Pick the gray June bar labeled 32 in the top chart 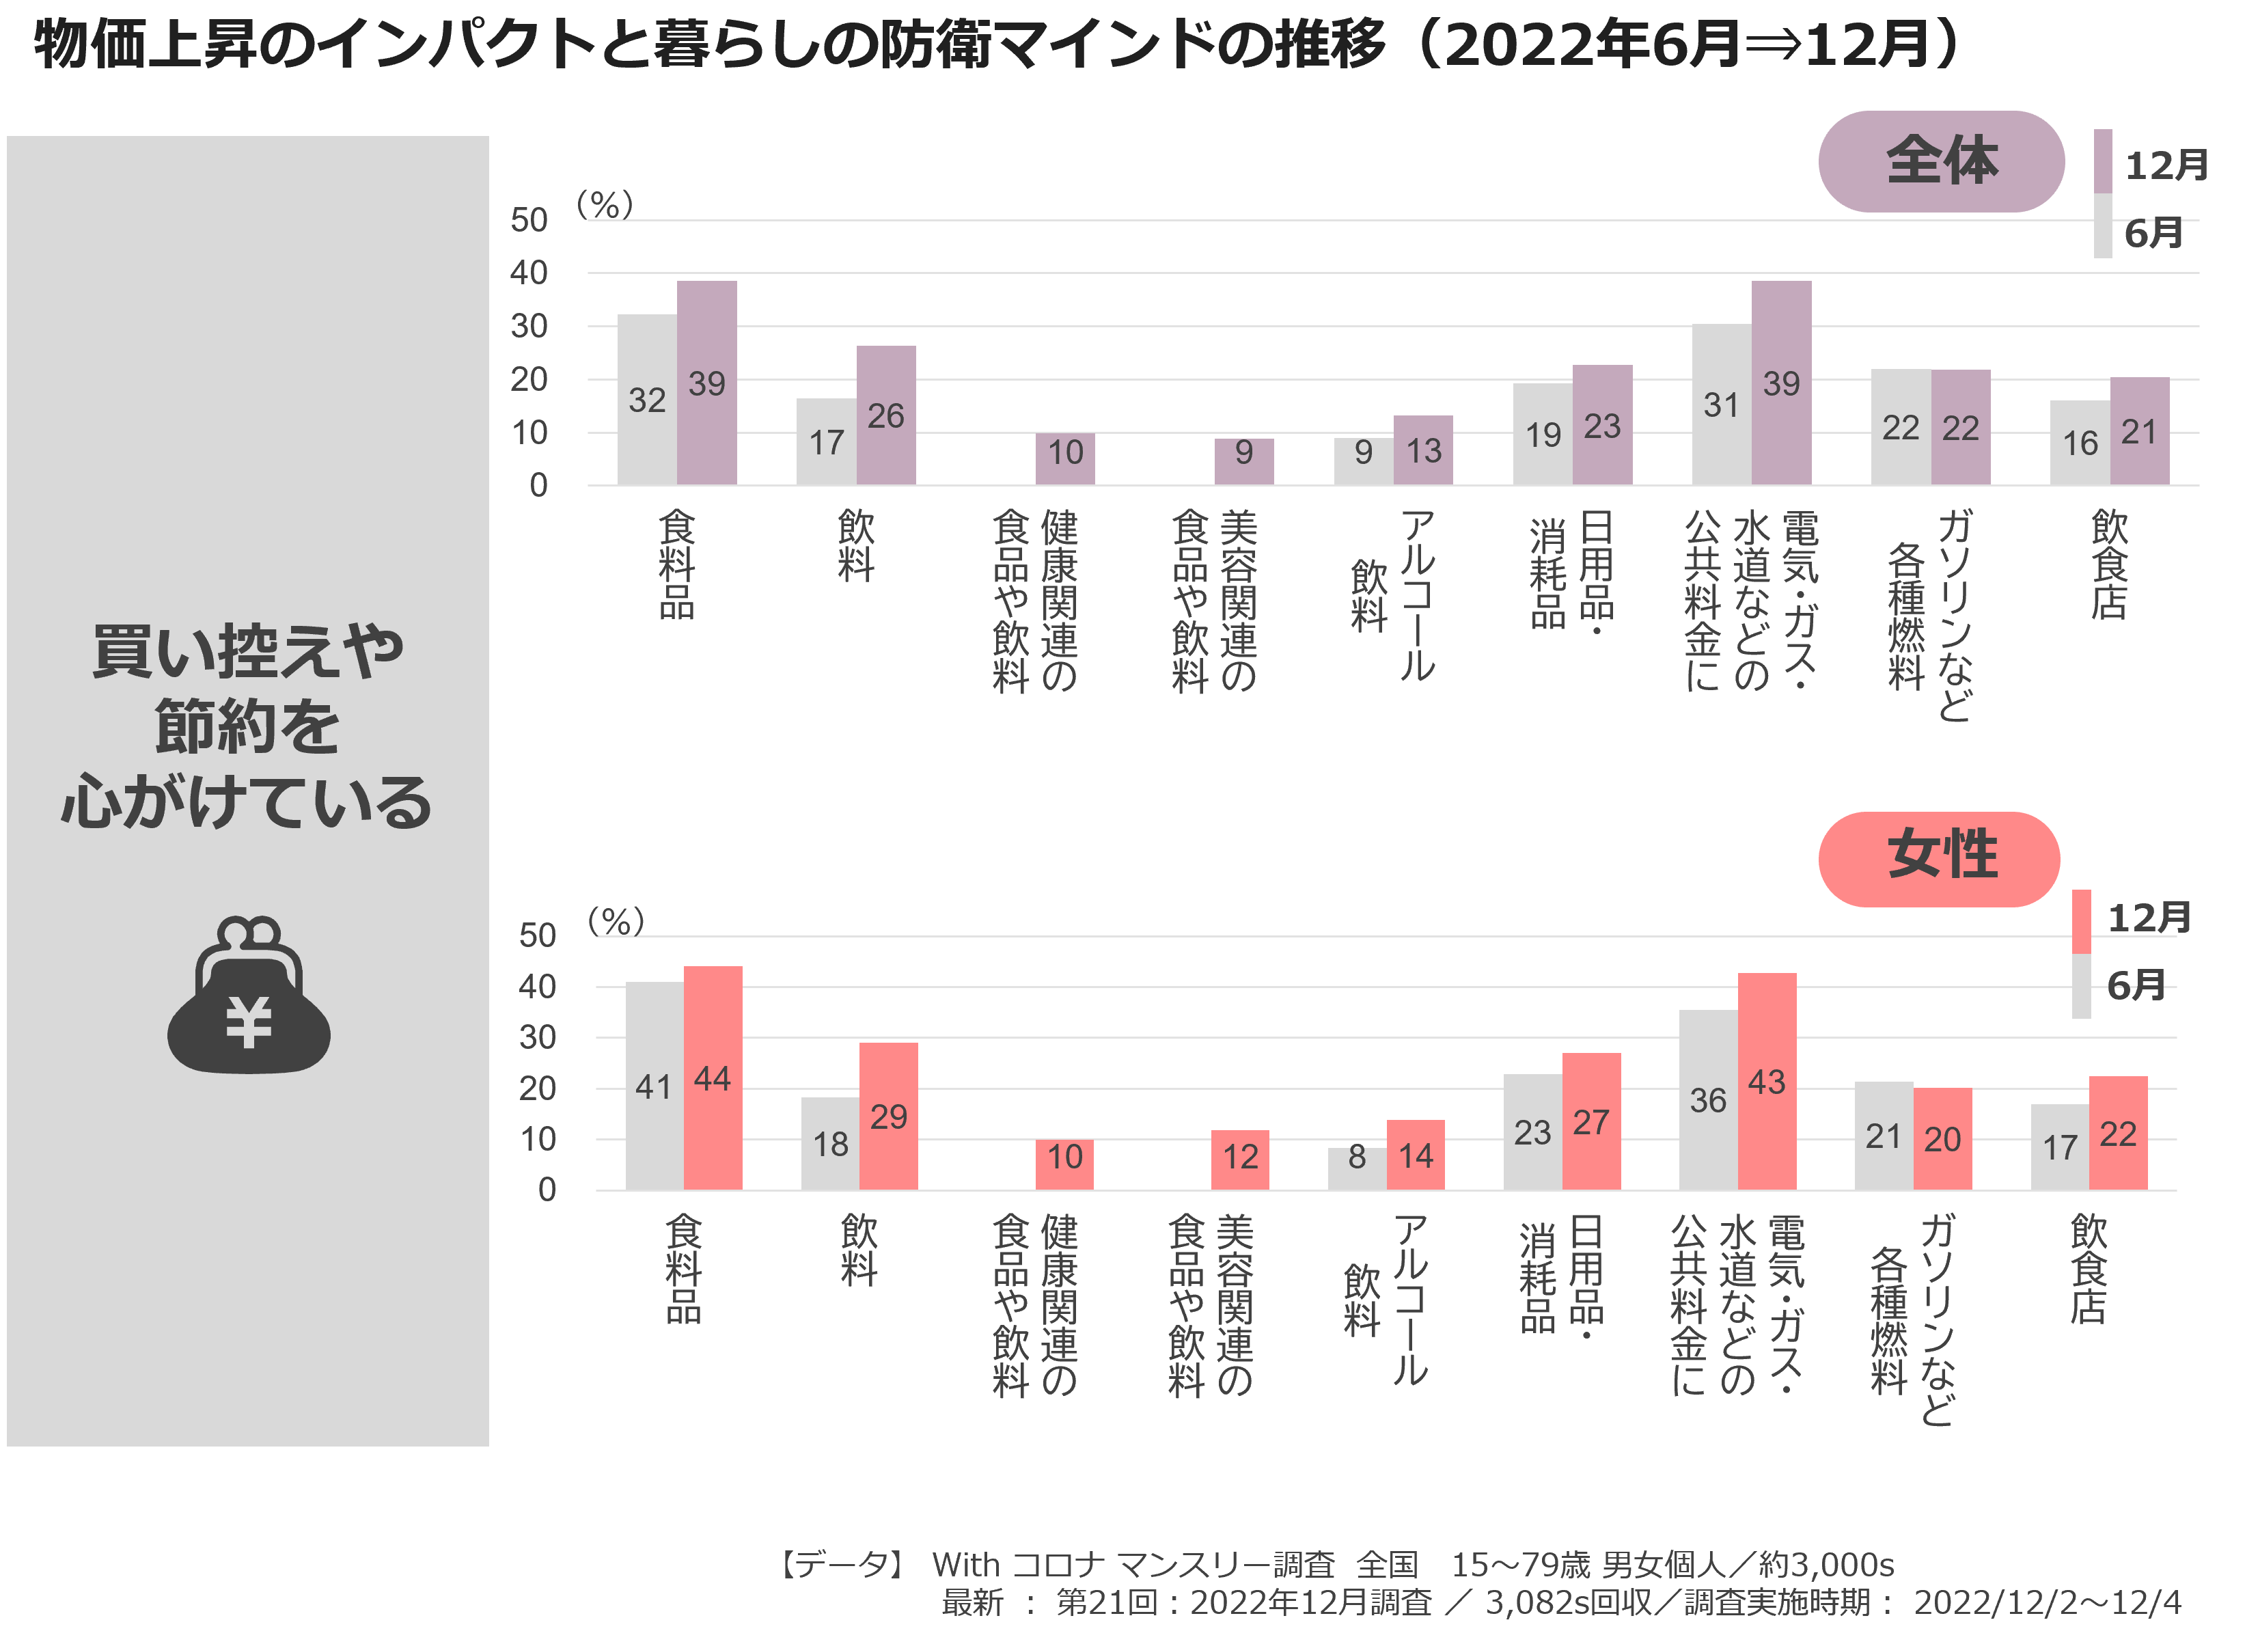(647, 400)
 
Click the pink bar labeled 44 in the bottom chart (713, 1078)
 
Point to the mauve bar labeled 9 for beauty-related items (1244, 462)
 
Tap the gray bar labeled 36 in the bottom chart (1709, 1099)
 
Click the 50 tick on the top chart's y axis (529, 220)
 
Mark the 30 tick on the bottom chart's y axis (538, 1038)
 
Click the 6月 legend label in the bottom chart (2136, 985)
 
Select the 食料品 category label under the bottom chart (684, 1269)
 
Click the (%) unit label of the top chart (605, 205)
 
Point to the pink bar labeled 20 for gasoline (1942, 1138)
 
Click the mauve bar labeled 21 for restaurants (2140, 431)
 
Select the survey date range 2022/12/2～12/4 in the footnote (2047, 1603)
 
